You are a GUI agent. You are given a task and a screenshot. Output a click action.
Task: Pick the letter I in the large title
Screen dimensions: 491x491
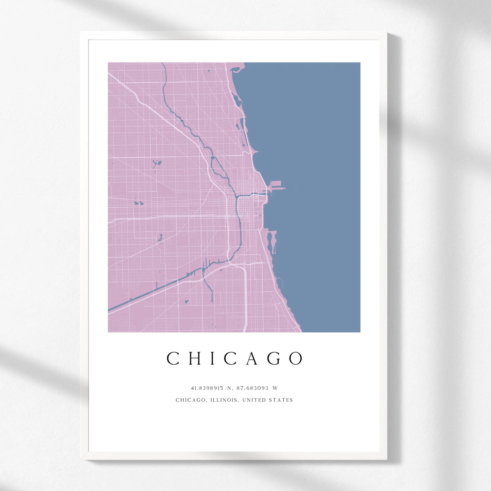pyautogui.click(x=213, y=358)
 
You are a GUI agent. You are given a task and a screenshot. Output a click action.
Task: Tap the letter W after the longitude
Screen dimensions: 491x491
pyautogui.click(x=275, y=388)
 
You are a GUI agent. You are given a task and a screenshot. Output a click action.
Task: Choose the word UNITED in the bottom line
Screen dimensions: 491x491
pyautogui.click(x=254, y=400)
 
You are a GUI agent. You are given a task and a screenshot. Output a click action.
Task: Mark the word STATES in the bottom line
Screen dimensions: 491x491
pyautogui.click(x=281, y=400)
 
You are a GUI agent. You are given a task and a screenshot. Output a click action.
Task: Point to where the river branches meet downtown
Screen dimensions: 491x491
pyautogui.click(x=237, y=197)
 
